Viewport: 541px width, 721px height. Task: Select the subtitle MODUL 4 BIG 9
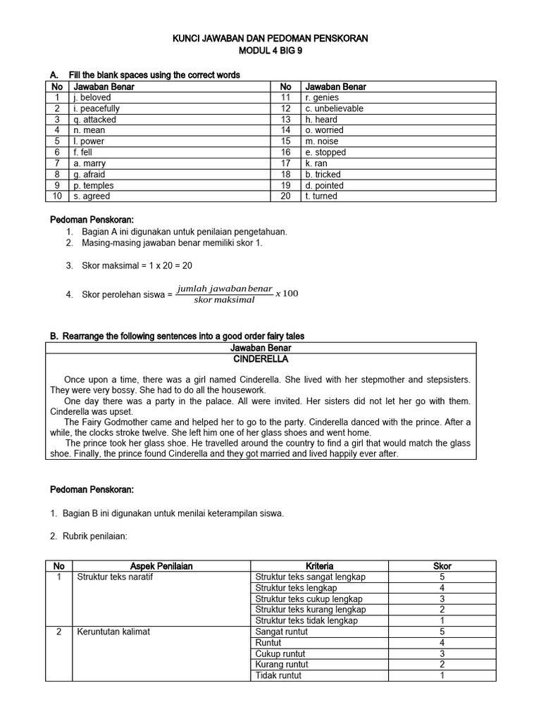pos(270,51)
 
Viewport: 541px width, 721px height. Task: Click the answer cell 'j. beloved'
pos(92,98)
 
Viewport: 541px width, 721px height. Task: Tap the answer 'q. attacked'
pos(95,120)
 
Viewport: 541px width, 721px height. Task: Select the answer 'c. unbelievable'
pos(334,108)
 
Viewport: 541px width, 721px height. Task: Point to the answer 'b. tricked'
pos(323,174)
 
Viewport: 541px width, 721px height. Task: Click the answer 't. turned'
pos(321,196)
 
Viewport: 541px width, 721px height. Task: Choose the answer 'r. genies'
pos(322,98)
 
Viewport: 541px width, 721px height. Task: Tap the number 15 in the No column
pos(285,142)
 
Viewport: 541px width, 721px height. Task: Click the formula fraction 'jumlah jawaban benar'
pos(225,289)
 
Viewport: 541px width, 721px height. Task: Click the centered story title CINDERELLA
pos(261,358)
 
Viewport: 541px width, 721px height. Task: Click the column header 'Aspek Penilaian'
pos(161,565)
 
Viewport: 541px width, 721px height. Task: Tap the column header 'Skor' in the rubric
pos(442,565)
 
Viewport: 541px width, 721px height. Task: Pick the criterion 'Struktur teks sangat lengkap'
pos(311,577)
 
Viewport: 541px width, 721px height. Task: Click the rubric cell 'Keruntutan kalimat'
pos(113,632)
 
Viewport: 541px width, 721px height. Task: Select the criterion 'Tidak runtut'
pos(278,675)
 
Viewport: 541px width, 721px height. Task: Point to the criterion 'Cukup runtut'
pos(280,653)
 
